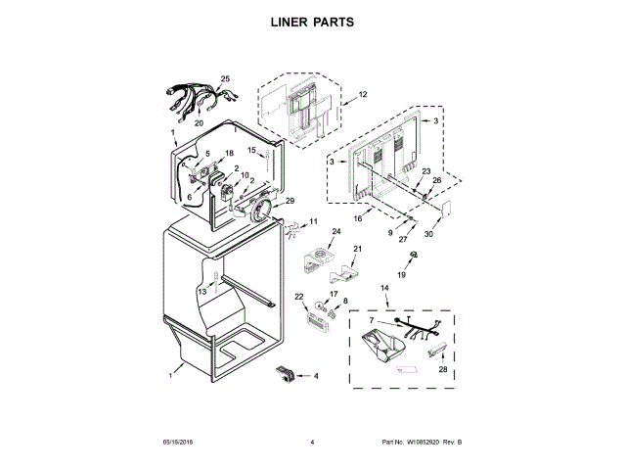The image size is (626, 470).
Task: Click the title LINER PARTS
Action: pos(312,21)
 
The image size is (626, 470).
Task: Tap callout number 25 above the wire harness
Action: pos(225,78)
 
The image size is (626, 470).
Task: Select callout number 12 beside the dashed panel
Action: pos(362,95)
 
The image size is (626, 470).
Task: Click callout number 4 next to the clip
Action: pos(315,375)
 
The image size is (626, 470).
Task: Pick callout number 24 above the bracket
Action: pos(335,232)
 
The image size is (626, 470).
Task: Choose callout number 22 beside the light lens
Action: pos(299,297)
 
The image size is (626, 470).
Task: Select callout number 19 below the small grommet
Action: pos(413,275)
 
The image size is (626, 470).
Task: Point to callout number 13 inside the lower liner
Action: pos(202,292)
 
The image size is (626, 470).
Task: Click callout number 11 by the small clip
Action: pos(314,221)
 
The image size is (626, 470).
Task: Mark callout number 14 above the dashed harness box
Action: pos(384,288)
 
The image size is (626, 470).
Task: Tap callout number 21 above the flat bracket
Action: pos(357,249)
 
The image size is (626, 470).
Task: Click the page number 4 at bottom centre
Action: pos(312,443)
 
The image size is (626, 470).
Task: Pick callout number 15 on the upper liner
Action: pos(250,150)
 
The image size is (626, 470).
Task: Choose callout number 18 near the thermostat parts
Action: pos(230,155)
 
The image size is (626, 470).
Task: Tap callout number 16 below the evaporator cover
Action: pos(359,221)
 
